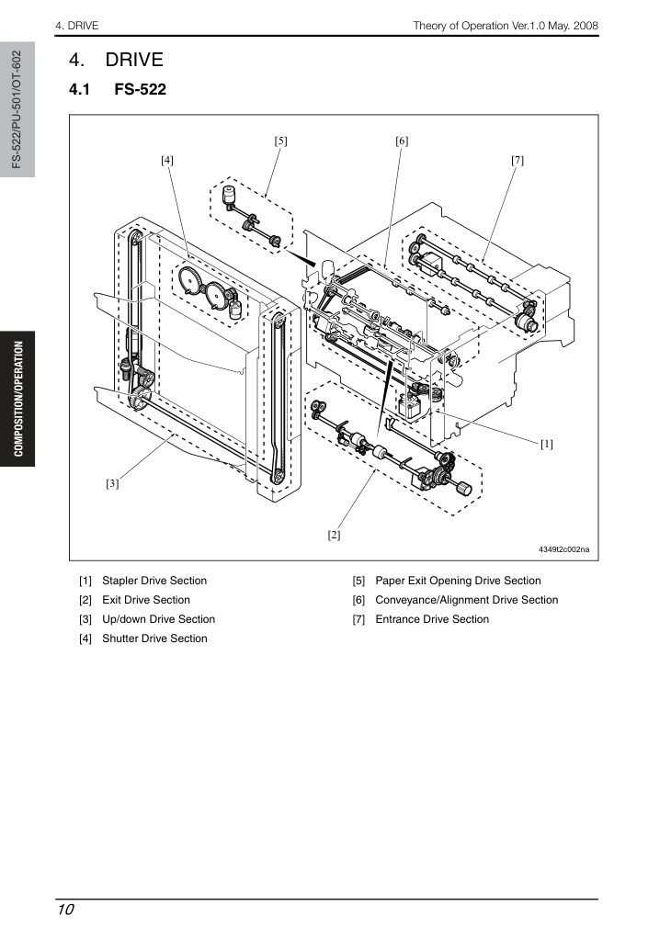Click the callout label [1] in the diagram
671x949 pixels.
click(x=546, y=444)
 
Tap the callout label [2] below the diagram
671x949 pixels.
click(x=334, y=535)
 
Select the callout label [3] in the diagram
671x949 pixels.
click(x=112, y=483)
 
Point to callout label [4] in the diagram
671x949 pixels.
click(x=167, y=161)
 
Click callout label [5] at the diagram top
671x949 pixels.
click(x=280, y=141)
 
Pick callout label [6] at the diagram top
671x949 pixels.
click(x=402, y=141)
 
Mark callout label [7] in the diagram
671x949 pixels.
click(x=517, y=161)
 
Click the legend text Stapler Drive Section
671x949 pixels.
click(x=154, y=581)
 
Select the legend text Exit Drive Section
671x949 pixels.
click(x=146, y=600)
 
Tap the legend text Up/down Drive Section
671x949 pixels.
click(x=159, y=619)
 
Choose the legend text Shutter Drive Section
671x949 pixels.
click(x=154, y=638)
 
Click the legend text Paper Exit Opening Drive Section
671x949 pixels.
click(x=458, y=581)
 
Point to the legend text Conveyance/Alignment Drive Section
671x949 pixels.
click(x=467, y=600)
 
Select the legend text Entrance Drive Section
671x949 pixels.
click(x=432, y=619)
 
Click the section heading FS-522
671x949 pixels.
click(x=140, y=90)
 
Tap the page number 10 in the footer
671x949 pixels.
click(x=65, y=909)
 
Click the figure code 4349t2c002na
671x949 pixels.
click(x=563, y=549)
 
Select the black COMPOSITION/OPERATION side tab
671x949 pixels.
click(x=17, y=399)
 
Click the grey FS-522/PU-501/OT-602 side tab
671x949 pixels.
click(x=17, y=109)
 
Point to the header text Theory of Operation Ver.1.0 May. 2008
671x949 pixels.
click(x=506, y=26)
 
